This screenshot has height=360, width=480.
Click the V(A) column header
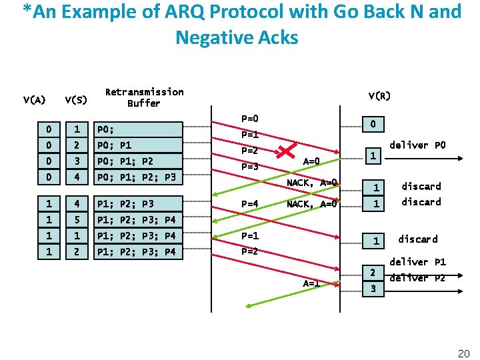point(34,101)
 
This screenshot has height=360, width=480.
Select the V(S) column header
point(75,101)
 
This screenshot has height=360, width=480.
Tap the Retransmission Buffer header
point(144,97)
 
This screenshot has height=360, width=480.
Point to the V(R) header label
point(379,96)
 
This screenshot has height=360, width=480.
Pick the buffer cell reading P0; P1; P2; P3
point(137,177)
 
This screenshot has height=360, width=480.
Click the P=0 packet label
point(249,119)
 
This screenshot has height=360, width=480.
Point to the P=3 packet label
point(249,167)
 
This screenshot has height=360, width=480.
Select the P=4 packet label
point(249,204)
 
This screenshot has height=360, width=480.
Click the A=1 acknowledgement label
point(311,283)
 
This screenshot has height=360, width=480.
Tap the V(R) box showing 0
point(374,124)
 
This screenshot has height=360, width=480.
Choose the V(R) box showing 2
point(373,272)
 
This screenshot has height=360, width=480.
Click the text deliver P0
point(417,145)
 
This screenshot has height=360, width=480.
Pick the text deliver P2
point(417,277)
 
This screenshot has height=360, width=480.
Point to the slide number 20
point(464,353)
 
